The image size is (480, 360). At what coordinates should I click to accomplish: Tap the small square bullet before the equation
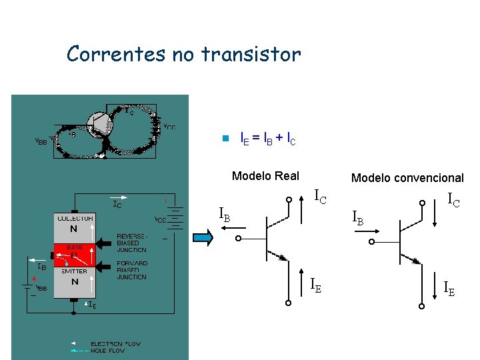point(225,139)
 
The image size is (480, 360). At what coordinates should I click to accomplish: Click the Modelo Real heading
point(265,176)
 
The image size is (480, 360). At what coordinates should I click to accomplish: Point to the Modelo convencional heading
point(407,177)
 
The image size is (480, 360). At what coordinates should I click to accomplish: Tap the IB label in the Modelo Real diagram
point(225,214)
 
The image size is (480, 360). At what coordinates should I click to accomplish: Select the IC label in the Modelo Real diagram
point(321,197)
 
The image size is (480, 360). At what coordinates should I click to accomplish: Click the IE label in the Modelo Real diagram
point(316,285)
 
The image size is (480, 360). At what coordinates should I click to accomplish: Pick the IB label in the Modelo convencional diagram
point(359,217)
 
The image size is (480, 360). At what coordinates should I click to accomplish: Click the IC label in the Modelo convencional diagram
point(453,199)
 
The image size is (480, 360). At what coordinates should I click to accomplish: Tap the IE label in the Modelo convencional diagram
point(450,288)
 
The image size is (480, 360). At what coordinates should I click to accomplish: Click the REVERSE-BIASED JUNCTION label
point(132,243)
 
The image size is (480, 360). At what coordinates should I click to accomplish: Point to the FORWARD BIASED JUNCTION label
point(132,270)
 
